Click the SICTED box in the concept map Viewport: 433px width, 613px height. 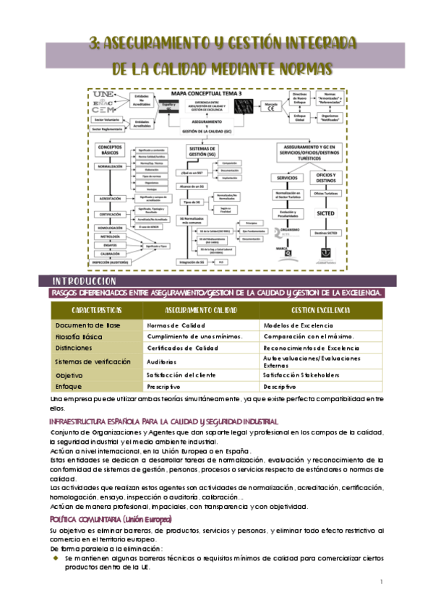324,213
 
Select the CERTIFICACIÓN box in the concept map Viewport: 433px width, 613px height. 110,214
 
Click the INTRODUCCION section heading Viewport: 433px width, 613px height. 80,280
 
